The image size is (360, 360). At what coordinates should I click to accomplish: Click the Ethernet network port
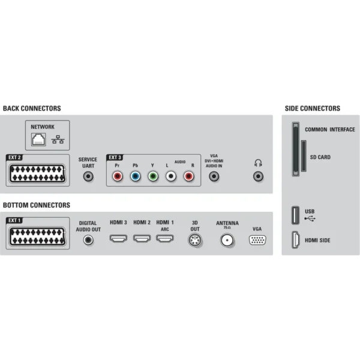38,139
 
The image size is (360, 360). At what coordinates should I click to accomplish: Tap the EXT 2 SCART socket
37,173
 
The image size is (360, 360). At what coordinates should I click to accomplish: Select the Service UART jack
88,176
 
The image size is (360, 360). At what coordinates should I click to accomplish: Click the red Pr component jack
118,176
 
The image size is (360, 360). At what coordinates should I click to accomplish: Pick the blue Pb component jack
135,176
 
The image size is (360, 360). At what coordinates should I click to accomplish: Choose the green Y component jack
153,176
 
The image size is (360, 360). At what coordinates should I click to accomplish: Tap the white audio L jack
171,176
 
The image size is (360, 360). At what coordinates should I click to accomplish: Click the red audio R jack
189,176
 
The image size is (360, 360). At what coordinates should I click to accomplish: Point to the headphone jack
258,176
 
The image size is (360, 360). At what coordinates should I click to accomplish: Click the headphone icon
258,163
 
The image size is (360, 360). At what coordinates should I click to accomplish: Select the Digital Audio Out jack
88,240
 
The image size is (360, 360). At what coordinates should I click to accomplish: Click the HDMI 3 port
118,238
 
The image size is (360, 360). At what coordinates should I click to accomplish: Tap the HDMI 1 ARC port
165,238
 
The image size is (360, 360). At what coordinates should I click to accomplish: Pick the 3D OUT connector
195,240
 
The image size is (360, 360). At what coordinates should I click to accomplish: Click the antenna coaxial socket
227,240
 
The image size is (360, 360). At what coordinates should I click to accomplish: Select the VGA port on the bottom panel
257,240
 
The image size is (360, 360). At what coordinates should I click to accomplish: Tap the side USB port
295,215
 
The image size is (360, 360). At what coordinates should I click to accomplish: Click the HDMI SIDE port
295,240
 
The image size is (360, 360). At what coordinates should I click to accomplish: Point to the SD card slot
304,156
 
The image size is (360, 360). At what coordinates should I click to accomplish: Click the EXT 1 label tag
14,220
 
